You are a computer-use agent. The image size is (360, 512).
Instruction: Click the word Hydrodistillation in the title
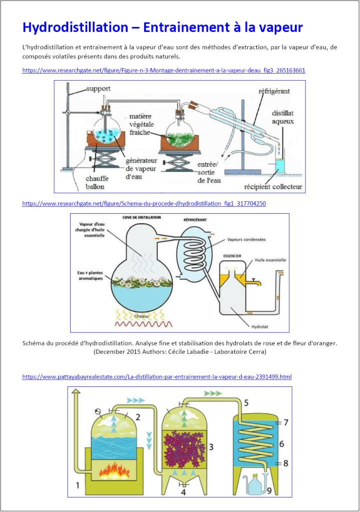tap(79, 27)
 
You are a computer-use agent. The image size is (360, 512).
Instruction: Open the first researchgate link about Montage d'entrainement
tap(163, 70)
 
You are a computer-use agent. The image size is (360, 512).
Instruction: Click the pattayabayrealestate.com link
tap(157, 376)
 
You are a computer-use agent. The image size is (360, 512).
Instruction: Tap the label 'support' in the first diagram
tap(98, 89)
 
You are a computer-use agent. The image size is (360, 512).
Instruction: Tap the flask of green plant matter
tap(181, 136)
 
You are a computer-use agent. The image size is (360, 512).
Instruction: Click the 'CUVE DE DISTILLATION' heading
tap(142, 218)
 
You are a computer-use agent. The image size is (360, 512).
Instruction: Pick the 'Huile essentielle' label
tap(270, 260)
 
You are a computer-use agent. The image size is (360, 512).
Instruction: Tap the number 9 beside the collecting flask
tap(269, 490)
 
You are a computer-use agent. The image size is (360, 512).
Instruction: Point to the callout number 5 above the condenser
tap(246, 402)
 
